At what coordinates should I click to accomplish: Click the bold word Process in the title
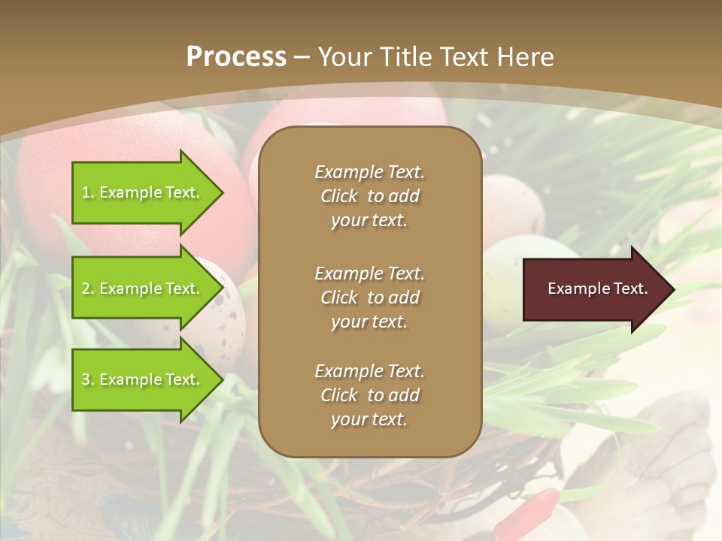coord(236,57)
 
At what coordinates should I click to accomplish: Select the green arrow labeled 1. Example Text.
coord(143,192)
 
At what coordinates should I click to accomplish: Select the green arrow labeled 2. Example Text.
coord(143,289)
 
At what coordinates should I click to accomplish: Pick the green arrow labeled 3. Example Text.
coord(143,379)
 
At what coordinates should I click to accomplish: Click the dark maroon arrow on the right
coord(594,289)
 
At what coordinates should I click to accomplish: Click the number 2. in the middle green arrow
coord(88,289)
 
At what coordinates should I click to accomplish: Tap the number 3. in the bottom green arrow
coord(88,379)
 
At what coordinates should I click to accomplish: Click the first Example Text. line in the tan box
coord(369,172)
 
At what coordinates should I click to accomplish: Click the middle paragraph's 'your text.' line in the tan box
coord(369,322)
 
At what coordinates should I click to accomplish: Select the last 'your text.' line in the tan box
coord(369,419)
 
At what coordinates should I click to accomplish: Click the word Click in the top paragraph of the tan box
coord(339,196)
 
